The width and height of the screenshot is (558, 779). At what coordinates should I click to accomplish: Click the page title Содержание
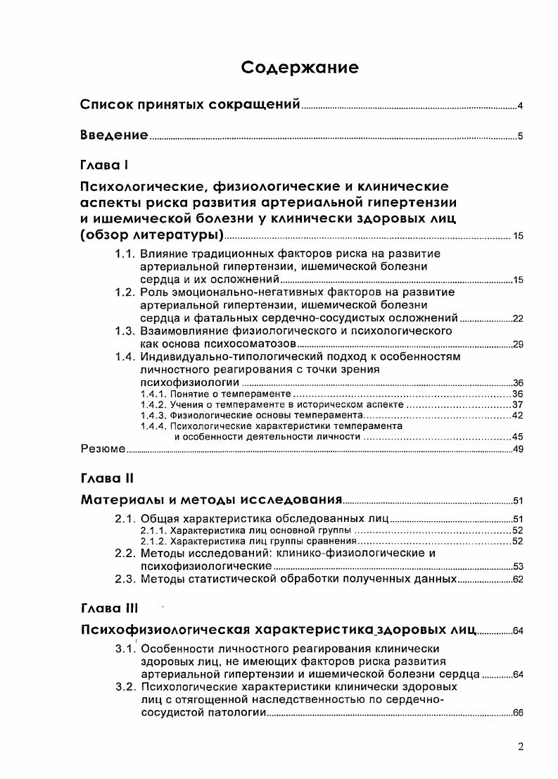[x=300, y=68]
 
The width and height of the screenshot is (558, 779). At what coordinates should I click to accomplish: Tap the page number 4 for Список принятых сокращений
[x=519, y=107]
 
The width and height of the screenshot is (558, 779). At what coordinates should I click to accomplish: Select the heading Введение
[x=113, y=135]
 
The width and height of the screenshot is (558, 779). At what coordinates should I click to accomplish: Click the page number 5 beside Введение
[x=519, y=137]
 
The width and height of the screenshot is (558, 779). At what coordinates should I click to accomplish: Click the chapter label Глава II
[x=107, y=478]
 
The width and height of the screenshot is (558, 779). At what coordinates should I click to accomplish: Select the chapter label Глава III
[x=110, y=607]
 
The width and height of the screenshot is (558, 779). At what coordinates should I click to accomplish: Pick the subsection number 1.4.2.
[x=152, y=405]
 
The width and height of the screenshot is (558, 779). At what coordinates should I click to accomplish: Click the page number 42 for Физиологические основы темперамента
[x=517, y=416]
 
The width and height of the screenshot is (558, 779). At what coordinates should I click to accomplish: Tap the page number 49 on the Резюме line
[x=517, y=449]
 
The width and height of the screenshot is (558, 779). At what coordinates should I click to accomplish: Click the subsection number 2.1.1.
[x=152, y=530]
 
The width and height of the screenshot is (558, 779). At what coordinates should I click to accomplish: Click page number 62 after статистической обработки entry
[x=517, y=580]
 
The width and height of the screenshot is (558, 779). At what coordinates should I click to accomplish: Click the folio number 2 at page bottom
[x=520, y=747]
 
